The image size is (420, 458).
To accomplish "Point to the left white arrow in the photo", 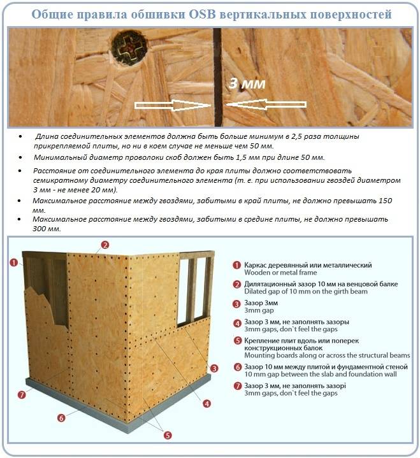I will tap(172, 105).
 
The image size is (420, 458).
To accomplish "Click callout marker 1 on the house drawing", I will tap(13, 262).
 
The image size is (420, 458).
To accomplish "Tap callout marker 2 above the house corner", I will tap(105, 244).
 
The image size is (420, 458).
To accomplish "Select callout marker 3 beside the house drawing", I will tap(215, 368).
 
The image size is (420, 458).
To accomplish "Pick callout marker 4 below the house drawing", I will tap(207, 403).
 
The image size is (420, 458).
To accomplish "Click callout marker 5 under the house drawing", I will tap(168, 436).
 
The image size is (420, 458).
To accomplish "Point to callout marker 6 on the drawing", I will tap(61, 419).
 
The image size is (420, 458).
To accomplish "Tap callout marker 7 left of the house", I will tap(22, 395).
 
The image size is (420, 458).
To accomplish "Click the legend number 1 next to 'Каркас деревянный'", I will tap(236, 265).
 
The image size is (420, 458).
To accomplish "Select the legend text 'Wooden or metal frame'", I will tap(276, 273).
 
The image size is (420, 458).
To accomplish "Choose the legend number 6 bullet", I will tap(236, 367).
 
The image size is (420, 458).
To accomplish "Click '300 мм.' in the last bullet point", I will tap(47, 229).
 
